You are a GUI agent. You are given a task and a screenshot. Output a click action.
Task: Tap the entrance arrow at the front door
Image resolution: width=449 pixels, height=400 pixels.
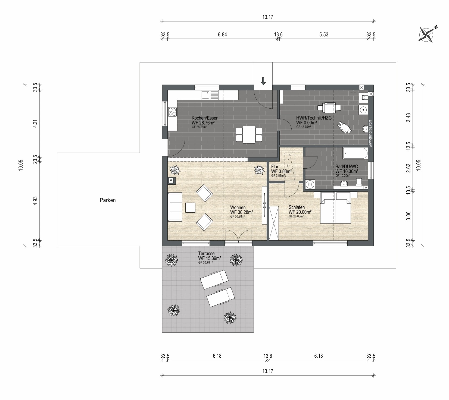pos(263,81)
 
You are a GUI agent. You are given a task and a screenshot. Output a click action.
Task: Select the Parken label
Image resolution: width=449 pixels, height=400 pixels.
pos(108,200)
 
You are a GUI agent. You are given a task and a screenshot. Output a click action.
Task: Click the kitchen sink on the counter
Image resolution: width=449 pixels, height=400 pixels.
pos(210,95)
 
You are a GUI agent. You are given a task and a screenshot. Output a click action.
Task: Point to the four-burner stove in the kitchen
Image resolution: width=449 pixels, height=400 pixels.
pos(172,112)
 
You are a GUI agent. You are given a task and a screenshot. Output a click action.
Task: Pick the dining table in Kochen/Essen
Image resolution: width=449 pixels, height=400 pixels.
pos(249,134)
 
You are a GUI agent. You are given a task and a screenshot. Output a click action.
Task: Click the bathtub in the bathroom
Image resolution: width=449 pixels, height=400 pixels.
pos(355,153)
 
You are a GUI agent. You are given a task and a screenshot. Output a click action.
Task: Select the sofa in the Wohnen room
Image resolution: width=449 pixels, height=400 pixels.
pos(175,207)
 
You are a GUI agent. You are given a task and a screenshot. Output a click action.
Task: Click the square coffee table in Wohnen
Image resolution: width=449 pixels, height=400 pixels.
pos(190,208)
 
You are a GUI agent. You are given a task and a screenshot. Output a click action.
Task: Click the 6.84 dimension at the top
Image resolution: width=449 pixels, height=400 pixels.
pos(222,34)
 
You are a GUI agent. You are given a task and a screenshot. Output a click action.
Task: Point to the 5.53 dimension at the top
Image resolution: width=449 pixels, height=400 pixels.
pos(324,34)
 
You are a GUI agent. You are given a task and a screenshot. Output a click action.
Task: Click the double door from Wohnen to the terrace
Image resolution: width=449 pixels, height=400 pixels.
pos(238,236)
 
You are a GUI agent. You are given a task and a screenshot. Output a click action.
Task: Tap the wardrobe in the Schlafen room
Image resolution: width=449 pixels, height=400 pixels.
pos(274,223)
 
